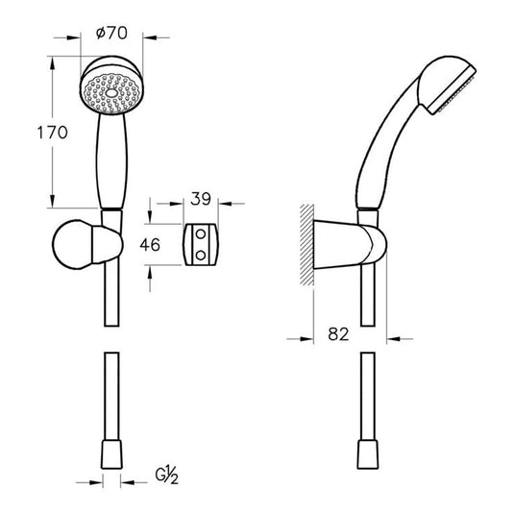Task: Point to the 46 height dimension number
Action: (150, 244)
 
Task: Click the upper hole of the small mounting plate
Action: (199, 233)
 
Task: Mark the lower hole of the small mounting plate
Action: (199, 255)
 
